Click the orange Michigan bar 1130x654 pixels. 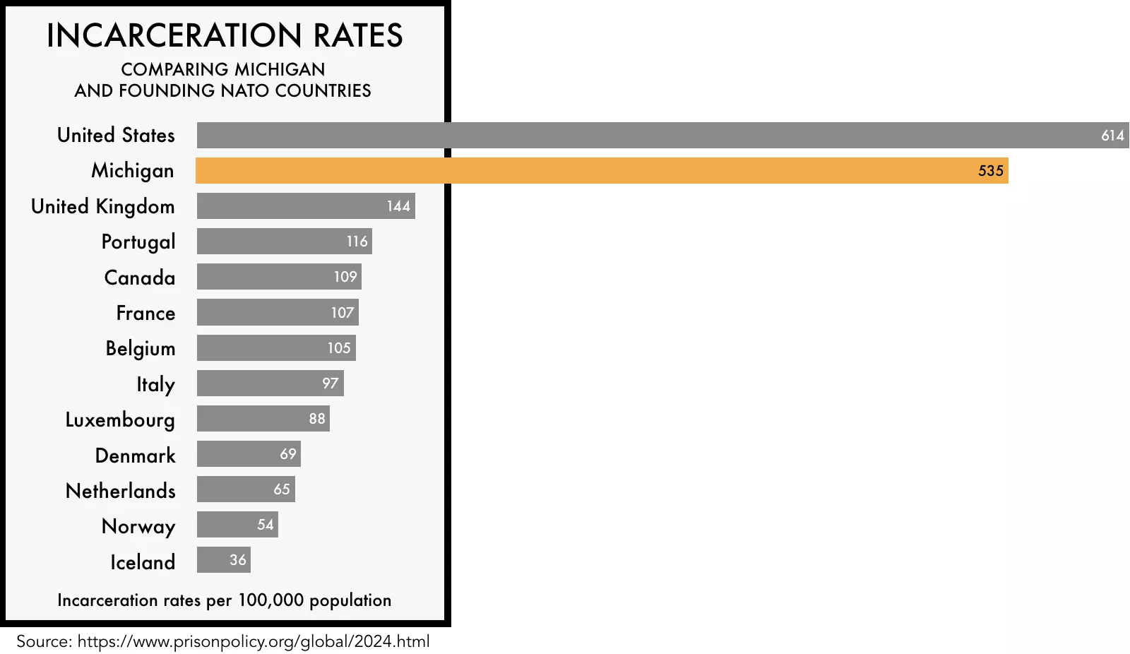pyautogui.click(x=602, y=171)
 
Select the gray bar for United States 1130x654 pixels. pyautogui.click(x=663, y=135)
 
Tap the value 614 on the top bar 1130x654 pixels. pyautogui.click(x=1112, y=135)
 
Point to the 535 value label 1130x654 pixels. pyautogui.click(x=990, y=171)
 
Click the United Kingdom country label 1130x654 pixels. pyautogui.click(x=103, y=206)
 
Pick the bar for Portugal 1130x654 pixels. pyautogui.click(x=285, y=242)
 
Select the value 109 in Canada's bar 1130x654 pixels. pyautogui.click(x=345, y=277)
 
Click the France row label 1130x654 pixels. pyautogui.click(x=145, y=313)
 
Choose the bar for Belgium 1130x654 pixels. pyautogui.click(x=276, y=347)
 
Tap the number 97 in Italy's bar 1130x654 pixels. pyautogui.click(x=330, y=383)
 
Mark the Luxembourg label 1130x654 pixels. pyautogui.click(x=120, y=420)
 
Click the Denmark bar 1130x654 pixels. pyautogui.click(x=249, y=453)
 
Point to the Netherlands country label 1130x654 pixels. pyautogui.click(x=121, y=491)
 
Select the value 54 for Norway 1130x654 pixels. pyautogui.click(x=266, y=524)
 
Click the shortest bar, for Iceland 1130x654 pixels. pyautogui.click(x=223, y=559)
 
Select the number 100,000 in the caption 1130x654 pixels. pyautogui.click(x=271, y=600)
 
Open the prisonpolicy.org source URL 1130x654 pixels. pyautogui.click(x=254, y=641)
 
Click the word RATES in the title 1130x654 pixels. pyautogui.click(x=358, y=35)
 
